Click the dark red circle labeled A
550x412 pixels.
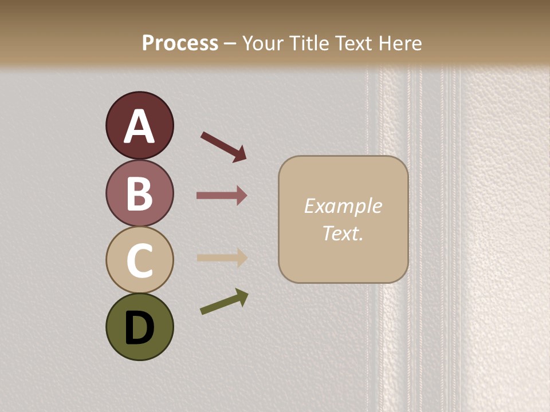tap(139, 125)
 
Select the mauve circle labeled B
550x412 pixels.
tap(139, 193)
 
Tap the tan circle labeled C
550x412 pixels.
tap(139, 260)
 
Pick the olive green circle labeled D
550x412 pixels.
tap(139, 327)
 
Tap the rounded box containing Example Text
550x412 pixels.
tap(343, 219)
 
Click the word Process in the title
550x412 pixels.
tap(180, 43)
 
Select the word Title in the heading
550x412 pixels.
tap(309, 43)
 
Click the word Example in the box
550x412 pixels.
tap(343, 206)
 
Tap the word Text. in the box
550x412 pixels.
tap(343, 233)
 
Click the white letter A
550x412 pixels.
tap(139, 126)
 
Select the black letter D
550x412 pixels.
tap(139, 328)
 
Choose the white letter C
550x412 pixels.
tap(139, 260)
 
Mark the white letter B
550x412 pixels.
tap(139, 193)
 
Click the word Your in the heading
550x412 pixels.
tap(262, 43)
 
